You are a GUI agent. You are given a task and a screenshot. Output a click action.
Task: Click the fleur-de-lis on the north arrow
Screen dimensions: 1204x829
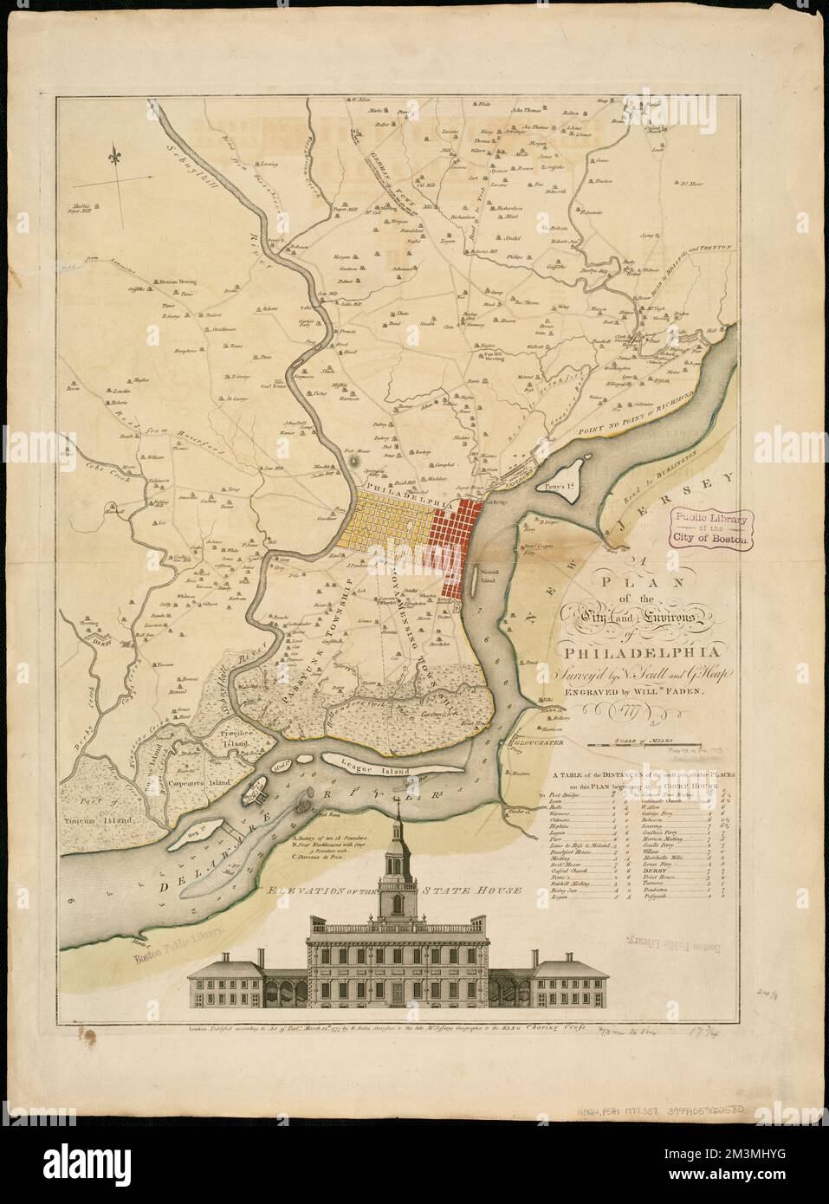pyautogui.click(x=114, y=158)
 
